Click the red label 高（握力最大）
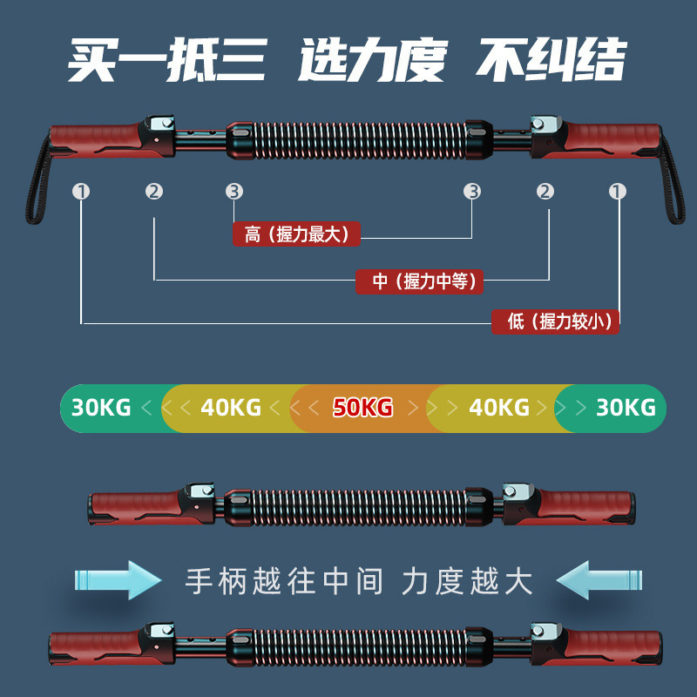point(297,234)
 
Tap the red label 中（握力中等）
point(420,281)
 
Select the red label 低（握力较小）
point(555,321)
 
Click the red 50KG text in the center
point(362,407)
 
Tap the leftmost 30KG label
point(101,407)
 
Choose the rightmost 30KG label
point(626,407)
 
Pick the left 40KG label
point(231,407)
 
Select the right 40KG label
point(499,407)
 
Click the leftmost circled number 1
point(81,192)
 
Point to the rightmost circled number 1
point(618,192)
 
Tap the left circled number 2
point(154,192)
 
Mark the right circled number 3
point(472,192)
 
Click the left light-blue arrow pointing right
point(118,579)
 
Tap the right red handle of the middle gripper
point(584,504)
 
